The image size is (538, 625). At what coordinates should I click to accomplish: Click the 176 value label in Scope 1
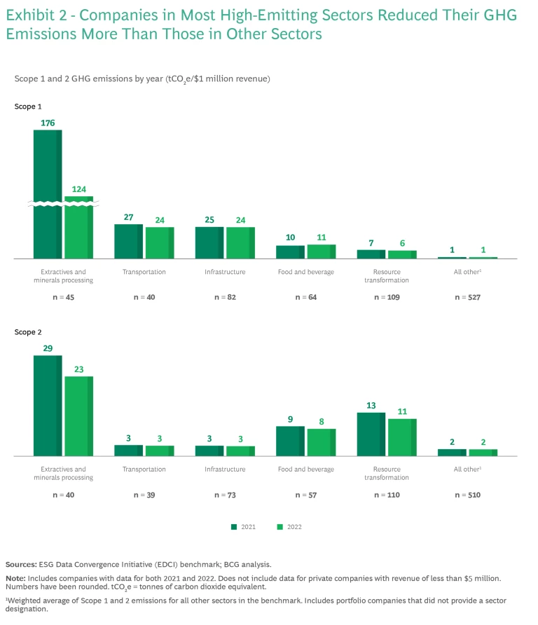tap(48, 123)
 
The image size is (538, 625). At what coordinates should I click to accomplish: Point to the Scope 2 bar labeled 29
tap(48, 405)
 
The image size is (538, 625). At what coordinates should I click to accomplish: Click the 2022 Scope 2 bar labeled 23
tap(78, 415)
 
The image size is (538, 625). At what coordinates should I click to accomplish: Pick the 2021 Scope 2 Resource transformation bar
tap(371, 434)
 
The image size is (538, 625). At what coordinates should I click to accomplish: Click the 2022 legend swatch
tap(278, 526)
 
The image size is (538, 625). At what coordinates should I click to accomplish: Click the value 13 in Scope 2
tap(371, 406)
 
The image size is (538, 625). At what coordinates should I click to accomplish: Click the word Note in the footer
tap(15, 579)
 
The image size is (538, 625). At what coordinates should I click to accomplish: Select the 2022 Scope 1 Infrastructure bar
tap(240, 242)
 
